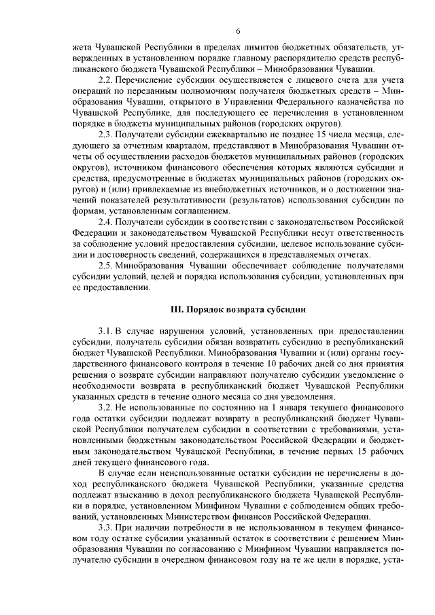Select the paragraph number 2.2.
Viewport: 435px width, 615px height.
tap(106, 80)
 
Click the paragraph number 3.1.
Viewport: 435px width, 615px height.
tap(106, 331)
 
